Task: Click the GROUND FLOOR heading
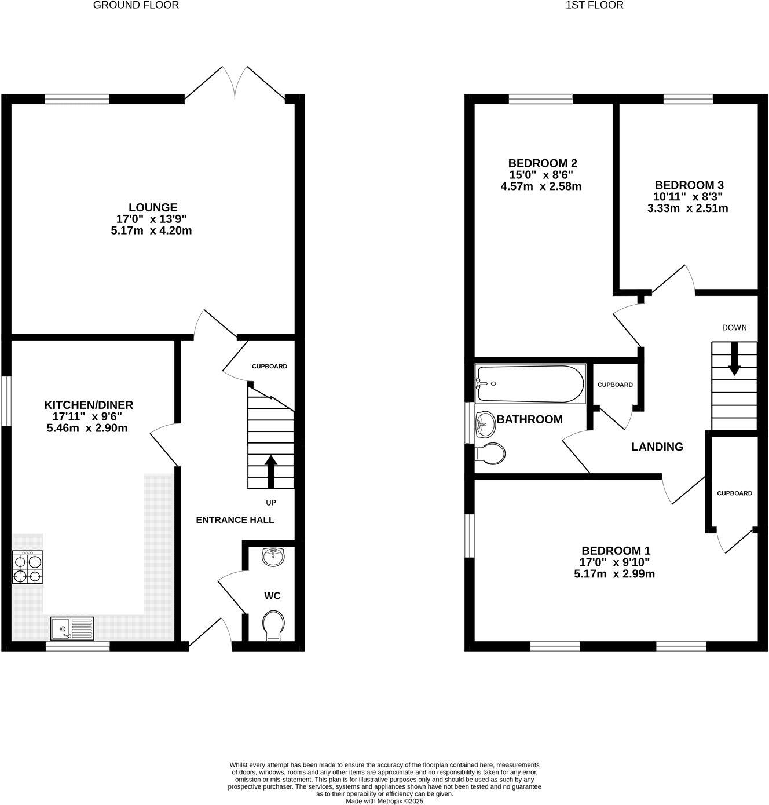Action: (x=136, y=5)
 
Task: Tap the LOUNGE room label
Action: (x=153, y=207)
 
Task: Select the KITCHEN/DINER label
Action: (x=89, y=405)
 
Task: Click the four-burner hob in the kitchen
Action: (x=27, y=568)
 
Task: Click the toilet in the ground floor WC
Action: (x=273, y=625)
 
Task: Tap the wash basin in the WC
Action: (x=273, y=557)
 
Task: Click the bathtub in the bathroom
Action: (x=529, y=383)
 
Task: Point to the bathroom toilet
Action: (x=489, y=453)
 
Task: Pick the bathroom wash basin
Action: (x=485, y=425)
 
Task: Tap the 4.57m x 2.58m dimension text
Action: (x=541, y=186)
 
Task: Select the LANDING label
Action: (x=657, y=447)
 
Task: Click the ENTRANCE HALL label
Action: (x=235, y=519)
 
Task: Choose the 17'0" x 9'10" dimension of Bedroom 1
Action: (x=616, y=562)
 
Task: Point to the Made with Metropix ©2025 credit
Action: (x=384, y=802)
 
